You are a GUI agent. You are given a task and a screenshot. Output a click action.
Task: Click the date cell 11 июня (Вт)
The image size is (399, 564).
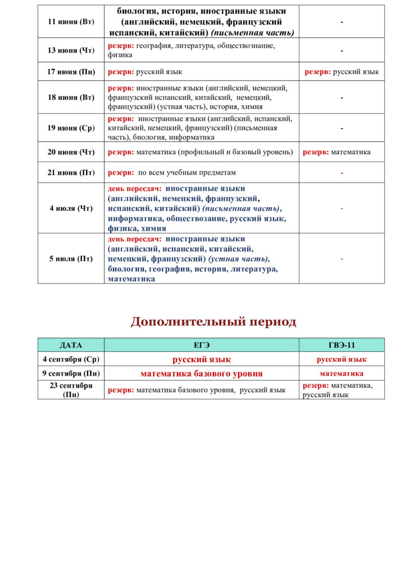click(x=71, y=22)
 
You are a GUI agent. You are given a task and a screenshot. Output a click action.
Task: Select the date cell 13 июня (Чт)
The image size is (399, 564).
click(x=71, y=51)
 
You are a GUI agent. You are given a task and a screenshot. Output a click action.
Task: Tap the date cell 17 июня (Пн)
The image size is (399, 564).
click(x=71, y=72)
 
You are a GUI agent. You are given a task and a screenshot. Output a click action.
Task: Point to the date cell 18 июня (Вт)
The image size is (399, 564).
click(x=71, y=97)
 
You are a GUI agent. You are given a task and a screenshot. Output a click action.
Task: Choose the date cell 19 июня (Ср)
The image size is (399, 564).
click(x=71, y=128)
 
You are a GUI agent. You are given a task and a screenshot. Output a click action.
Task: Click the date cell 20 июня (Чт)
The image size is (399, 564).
click(x=71, y=152)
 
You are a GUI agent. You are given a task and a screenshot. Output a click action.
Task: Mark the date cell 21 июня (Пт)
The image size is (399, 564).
click(x=71, y=172)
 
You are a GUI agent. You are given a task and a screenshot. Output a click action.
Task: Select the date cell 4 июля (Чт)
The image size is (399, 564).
click(x=71, y=208)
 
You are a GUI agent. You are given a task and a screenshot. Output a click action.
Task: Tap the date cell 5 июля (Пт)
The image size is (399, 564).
click(x=71, y=258)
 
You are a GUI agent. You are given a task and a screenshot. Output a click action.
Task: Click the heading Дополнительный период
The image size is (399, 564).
click(x=213, y=322)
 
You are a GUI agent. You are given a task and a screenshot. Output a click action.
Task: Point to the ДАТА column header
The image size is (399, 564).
click(x=71, y=345)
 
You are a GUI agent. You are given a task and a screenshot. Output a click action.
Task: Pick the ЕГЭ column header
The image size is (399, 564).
click(x=202, y=345)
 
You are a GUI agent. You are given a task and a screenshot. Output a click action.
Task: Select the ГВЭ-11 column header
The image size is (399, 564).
click(x=342, y=345)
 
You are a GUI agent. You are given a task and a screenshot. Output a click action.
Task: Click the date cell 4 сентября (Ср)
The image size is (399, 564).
click(x=71, y=359)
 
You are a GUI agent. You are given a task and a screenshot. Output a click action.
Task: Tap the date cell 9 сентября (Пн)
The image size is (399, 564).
click(x=71, y=373)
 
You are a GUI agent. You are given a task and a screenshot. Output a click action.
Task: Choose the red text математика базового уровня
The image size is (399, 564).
click(x=202, y=373)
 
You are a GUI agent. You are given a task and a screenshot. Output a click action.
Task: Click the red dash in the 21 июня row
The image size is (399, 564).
click(x=342, y=173)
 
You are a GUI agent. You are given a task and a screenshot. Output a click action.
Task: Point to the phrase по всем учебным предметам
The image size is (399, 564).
click(x=187, y=172)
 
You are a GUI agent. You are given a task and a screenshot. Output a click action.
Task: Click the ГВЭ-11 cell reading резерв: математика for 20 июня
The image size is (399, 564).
click(x=337, y=152)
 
